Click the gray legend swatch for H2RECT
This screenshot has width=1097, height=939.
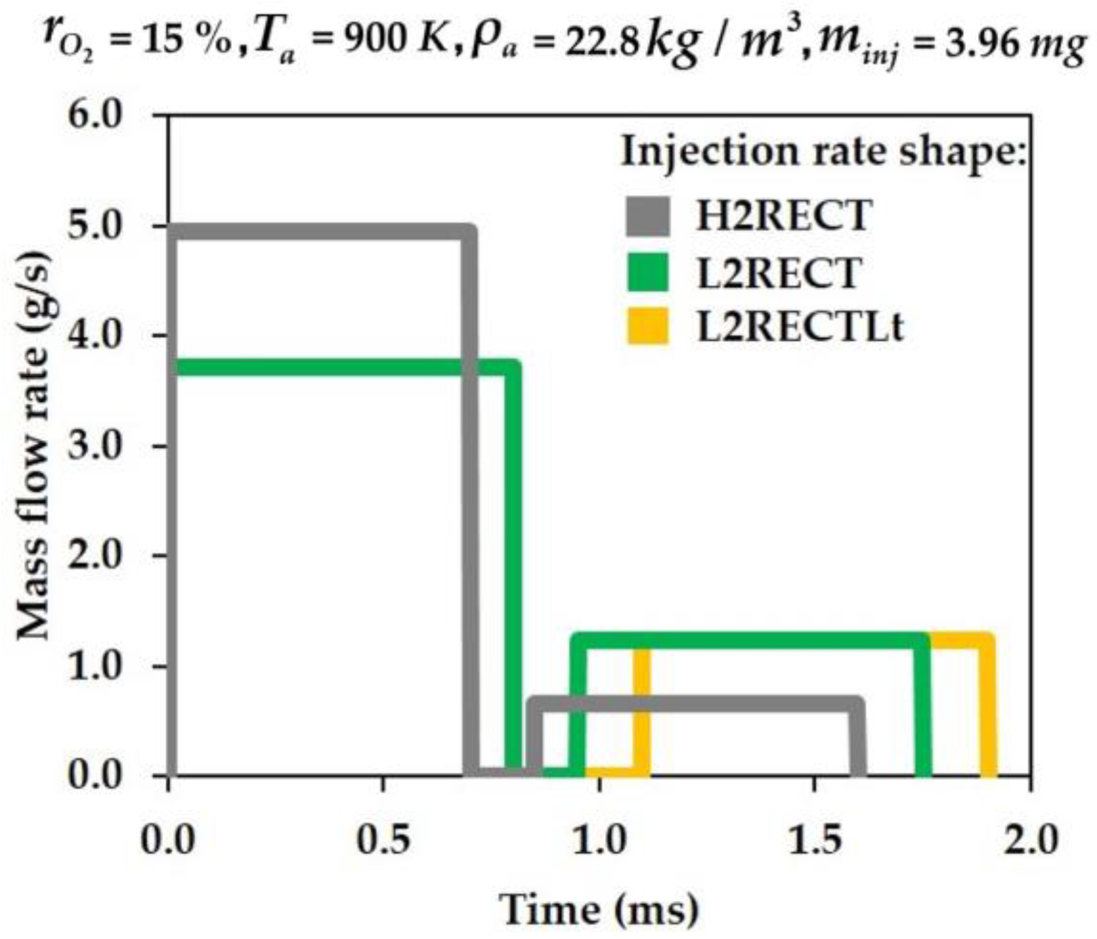[648, 216]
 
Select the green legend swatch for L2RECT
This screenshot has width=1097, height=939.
[648, 272]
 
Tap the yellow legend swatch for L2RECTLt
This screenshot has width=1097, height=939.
[648, 326]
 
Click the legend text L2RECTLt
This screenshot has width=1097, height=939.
[800, 327]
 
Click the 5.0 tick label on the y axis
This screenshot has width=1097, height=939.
[95, 227]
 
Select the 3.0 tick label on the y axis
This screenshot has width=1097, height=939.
[95, 446]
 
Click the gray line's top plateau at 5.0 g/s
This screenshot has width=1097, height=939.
[318, 232]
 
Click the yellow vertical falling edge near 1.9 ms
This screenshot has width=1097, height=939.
[987, 707]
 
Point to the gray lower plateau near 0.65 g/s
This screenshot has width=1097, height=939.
[700, 704]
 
